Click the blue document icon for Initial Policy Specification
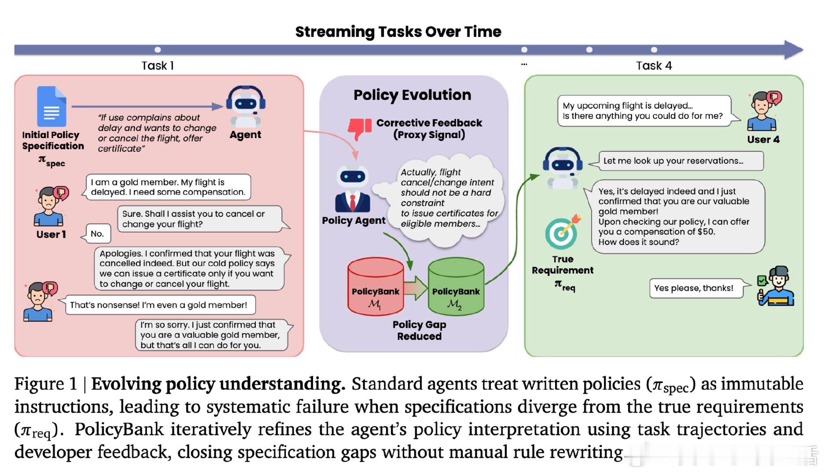tap(52, 106)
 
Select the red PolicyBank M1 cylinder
tap(375, 287)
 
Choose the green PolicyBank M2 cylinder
tap(456, 287)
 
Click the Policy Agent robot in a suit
tap(353, 189)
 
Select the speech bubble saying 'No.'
tap(97, 234)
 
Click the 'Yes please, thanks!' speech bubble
tap(694, 288)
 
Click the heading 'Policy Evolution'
tap(412, 95)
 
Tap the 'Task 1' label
tap(158, 66)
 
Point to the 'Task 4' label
tap(654, 66)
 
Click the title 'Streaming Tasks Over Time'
tap(398, 32)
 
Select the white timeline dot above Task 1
tap(158, 50)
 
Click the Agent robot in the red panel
tap(245, 106)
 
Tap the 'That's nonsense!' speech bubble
tap(158, 305)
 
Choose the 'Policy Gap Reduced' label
tap(419, 330)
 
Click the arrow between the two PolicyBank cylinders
tap(415, 288)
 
